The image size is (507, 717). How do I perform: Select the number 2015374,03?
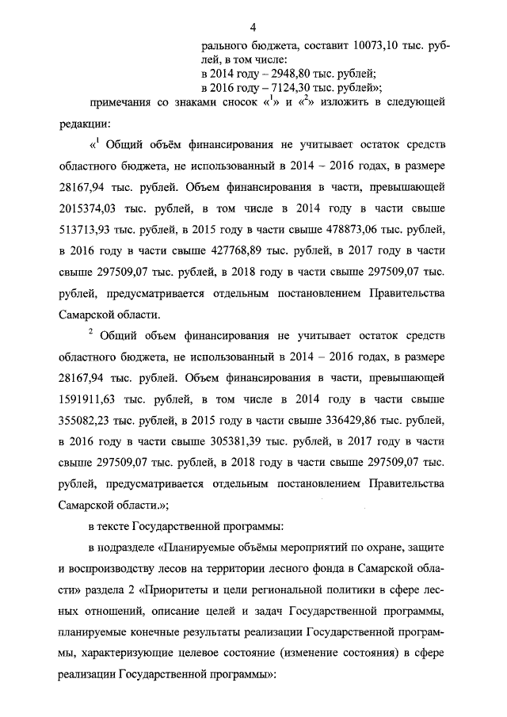(93, 209)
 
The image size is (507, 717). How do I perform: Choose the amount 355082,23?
(93, 421)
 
